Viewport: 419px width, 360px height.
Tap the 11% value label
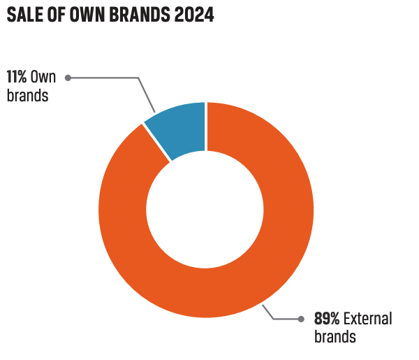coord(17,78)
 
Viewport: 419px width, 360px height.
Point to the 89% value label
coord(326,319)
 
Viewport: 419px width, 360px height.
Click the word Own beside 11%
coord(43,78)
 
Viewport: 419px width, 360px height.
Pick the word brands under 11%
coord(27,96)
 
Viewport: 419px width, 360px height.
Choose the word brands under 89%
coord(335,337)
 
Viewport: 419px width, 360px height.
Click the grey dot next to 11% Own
coord(68,78)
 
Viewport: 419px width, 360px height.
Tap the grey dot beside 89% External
coord(301,319)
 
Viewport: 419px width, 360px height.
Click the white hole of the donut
coord(206,210)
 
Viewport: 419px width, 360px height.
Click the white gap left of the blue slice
coord(157,143)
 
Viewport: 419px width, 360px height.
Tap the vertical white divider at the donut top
coord(206,126)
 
